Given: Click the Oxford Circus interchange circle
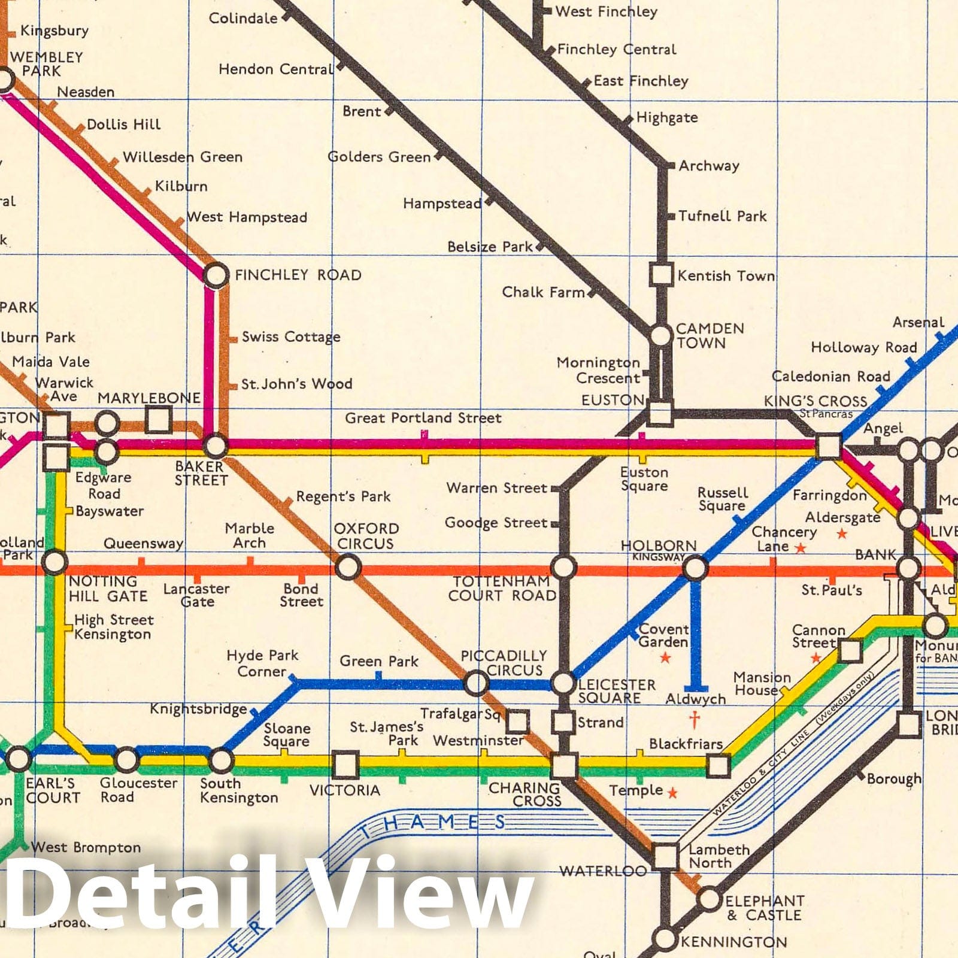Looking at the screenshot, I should (x=348, y=566).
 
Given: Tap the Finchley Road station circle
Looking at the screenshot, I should (x=216, y=275).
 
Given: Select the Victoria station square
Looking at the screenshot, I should (x=345, y=765).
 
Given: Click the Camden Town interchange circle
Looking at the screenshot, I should (x=660, y=335).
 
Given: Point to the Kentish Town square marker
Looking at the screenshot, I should (x=661, y=275).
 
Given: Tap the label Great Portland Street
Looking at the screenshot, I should (x=423, y=417).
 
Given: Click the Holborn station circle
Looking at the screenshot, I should (x=695, y=567).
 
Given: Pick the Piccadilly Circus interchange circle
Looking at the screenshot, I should (x=476, y=683).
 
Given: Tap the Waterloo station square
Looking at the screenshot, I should (x=665, y=856).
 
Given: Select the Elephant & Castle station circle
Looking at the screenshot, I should (x=709, y=899).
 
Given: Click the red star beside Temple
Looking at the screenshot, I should (x=672, y=793).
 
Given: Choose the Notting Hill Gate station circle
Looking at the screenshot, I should (x=54, y=562).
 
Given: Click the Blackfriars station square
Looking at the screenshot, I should (x=718, y=765).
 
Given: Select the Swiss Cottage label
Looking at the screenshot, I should (x=291, y=336).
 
